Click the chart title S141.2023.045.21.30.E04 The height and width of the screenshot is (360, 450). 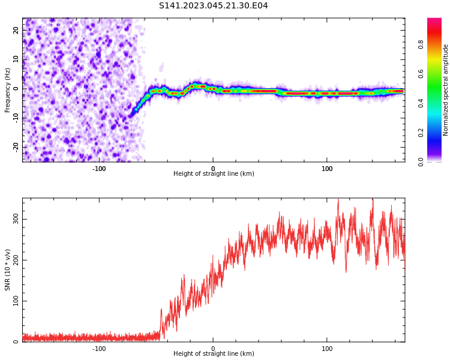213,6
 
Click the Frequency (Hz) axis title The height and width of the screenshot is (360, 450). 8,90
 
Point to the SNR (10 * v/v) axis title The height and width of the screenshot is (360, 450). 8,270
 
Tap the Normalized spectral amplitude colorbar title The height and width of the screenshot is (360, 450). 446,90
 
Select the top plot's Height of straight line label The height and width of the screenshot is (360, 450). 214,174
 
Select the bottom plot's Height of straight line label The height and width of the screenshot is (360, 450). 214,354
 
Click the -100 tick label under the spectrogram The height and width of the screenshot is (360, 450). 99,169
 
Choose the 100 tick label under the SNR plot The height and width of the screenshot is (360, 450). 327,349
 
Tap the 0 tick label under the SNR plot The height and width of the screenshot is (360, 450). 213,349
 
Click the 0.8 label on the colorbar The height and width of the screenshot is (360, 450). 421,44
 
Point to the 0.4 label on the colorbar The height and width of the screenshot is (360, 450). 421,103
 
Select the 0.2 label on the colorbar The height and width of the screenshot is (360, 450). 421,133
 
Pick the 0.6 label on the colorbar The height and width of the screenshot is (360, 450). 421,74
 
